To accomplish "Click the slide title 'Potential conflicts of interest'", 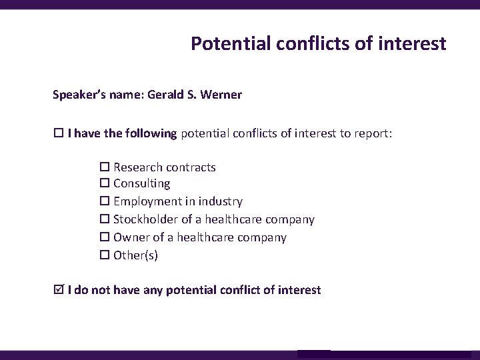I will coord(318,44).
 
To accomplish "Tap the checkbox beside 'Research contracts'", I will coord(105,167).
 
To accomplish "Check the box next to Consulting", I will coord(105,183).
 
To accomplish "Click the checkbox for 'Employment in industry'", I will coord(105,201).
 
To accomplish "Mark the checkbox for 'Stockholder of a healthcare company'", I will coord(105,219).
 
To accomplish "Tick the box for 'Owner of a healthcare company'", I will coord(105,237).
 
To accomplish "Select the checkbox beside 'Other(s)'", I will coord(105,255).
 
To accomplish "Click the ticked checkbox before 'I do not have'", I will coord(58,290).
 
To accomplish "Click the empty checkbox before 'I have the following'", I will coord(58,134).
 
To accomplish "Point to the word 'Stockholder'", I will coord(145,219).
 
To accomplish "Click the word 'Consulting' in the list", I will coord(141,183).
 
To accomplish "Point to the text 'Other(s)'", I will coord(135,255).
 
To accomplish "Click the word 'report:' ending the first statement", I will coord(375,134).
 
